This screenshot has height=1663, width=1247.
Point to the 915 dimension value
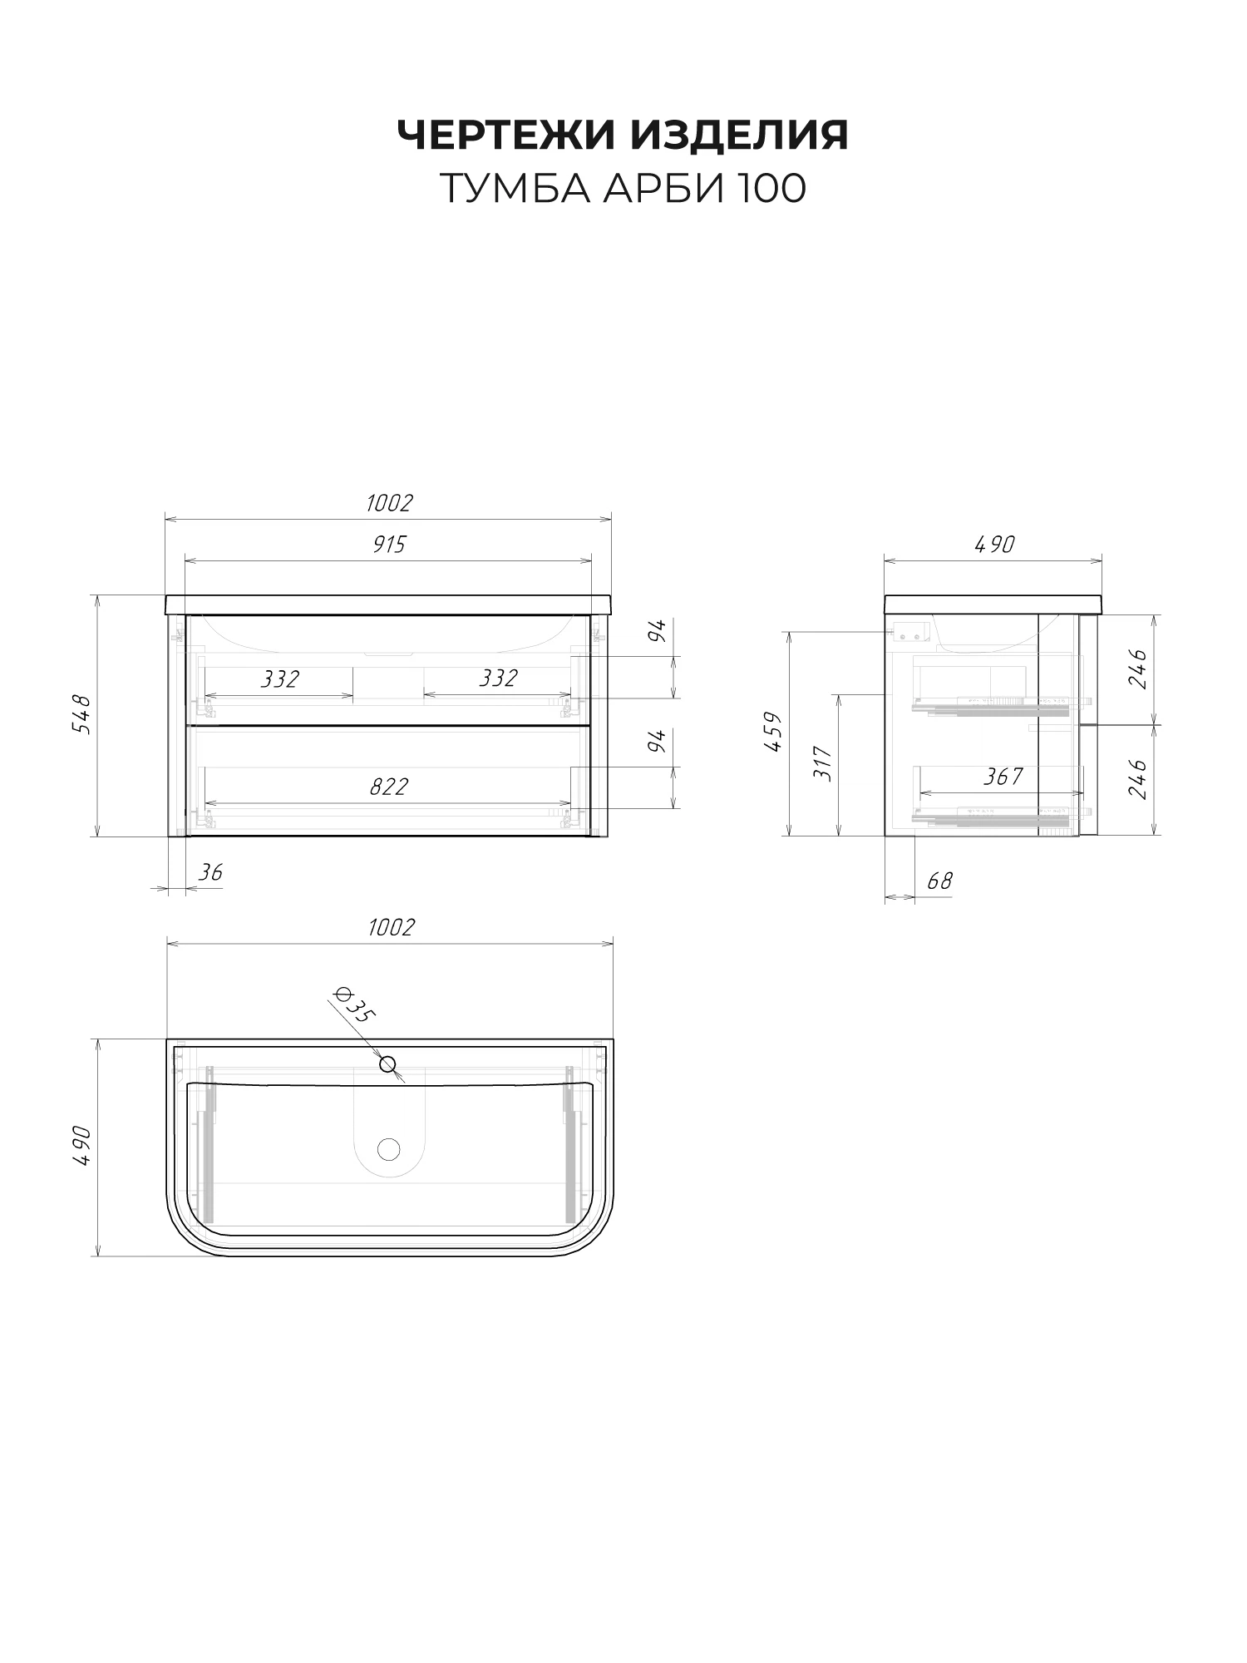pyautogui.click(x=389, y=545)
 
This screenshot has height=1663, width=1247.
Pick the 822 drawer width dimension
pyautogui.click(x=389, y=787)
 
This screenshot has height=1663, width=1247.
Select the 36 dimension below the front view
pyautogui.click(x=211, y=872)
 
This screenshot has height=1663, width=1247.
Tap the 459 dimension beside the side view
pyautogui.click(x=773, y=733)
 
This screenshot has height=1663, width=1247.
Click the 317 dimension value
pyautogui.click(x=823, y=762)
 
